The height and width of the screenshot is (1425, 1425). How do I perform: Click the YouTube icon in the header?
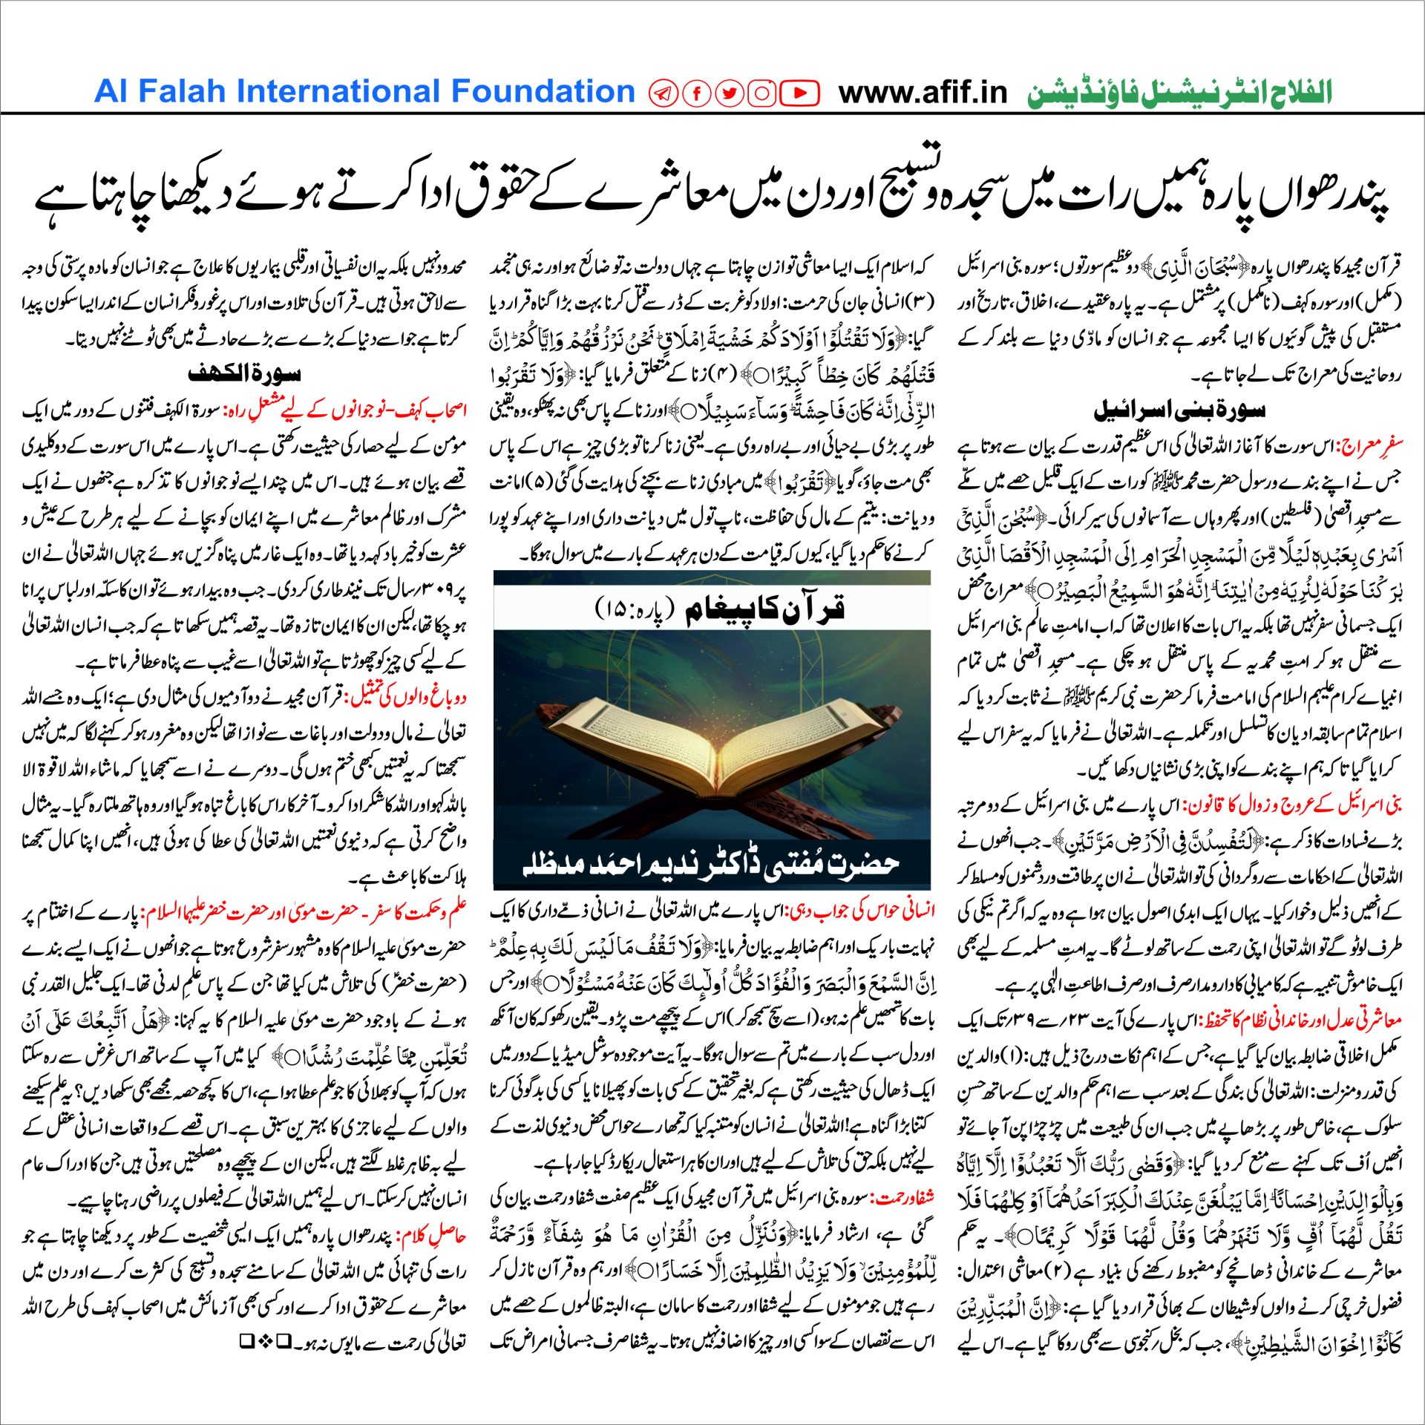pos(800,93)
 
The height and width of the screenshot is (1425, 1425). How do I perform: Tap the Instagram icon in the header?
pos(761,93)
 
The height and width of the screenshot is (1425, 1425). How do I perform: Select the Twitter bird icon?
pos(730,93)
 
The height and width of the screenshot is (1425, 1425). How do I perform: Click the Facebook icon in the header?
pos(698,93)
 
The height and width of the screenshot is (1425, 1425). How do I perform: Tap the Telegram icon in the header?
pos(664,93)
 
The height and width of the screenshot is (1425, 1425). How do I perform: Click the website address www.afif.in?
pos(923,93)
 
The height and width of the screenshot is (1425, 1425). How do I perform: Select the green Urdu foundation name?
pos(1179,94)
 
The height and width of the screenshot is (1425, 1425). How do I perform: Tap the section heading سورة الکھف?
pos(244,373)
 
